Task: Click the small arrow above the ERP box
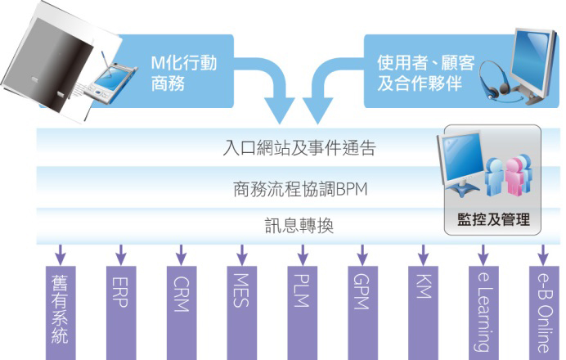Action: point(121,252)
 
